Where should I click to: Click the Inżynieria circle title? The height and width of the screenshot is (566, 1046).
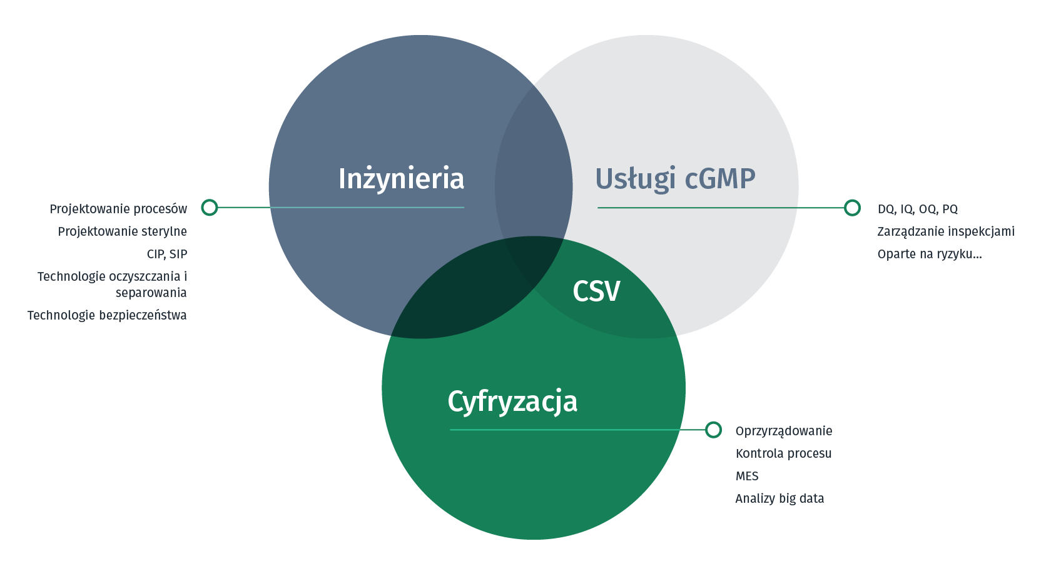coord(401,179)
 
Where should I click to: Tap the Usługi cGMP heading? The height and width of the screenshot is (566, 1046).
coord(675,179)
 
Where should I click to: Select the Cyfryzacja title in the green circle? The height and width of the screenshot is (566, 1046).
coord(512,402)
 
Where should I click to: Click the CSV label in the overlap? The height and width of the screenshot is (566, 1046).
coord(596,291)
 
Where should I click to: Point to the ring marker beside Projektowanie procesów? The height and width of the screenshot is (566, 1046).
coord(210,208)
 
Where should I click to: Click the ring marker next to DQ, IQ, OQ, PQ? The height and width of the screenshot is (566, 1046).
coord(852,208)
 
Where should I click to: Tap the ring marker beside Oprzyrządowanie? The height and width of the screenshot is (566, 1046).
coord(713,430)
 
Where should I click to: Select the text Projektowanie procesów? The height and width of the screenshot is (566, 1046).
coord(118,209)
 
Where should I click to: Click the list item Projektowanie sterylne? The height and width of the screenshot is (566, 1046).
coord(123,231)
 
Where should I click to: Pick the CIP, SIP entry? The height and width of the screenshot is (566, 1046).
coord(166,254)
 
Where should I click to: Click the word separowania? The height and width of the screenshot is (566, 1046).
coord(151,293)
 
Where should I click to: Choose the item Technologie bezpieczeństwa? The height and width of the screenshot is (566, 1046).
coord(107,315)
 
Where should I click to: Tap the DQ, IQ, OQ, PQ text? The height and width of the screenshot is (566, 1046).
coord(918,209)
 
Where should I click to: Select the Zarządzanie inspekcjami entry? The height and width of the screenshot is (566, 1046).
coord(946,231)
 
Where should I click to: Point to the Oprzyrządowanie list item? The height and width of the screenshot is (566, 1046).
coord(784,431)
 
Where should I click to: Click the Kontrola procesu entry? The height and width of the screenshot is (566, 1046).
coord(784,453)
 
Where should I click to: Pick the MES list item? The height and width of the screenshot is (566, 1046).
coord(747,476)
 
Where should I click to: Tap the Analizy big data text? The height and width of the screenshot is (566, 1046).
coord(779,498)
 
